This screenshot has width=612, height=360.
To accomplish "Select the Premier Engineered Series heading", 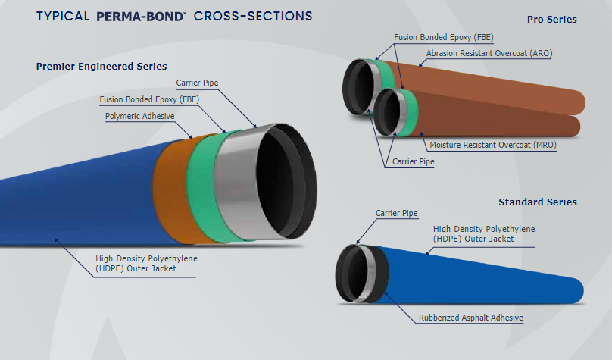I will (x=101, y=67).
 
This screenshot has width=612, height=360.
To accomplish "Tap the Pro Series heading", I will (x=551, y=19).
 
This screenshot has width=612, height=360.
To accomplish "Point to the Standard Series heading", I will (x=538, y=202).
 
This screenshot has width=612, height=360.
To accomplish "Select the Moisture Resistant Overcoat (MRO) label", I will (x=492, y=144).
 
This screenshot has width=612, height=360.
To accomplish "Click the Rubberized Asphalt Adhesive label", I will (x=471, y=318).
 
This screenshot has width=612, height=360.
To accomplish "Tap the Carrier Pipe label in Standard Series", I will (x=397, y=213).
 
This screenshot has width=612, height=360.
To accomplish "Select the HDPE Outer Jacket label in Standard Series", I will (x=473, y=233).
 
